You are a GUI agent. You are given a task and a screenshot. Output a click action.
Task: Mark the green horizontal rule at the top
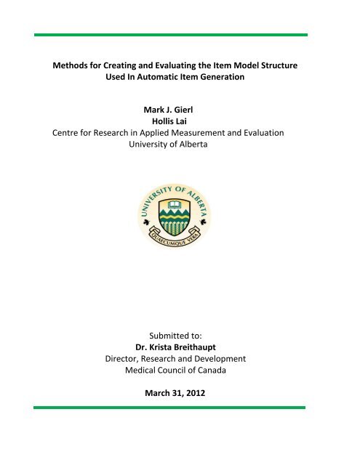(179, 34)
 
